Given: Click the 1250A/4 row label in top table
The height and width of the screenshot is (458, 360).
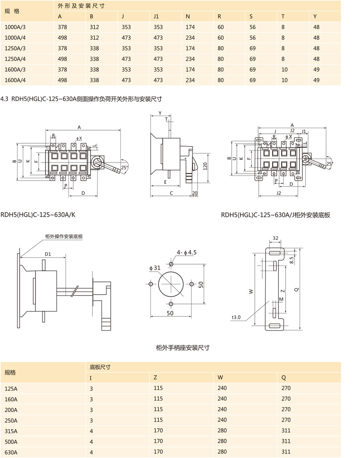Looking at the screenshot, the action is (15, 59).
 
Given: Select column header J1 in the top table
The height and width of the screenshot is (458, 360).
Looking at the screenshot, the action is (156, 17).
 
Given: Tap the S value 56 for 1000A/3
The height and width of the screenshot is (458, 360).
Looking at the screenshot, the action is (253, 27).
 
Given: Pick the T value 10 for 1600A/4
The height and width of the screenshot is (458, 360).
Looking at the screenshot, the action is (284, 80).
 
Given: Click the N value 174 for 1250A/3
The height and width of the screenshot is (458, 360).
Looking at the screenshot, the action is (190, 48).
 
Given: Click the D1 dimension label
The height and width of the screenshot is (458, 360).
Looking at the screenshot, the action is (48, 254).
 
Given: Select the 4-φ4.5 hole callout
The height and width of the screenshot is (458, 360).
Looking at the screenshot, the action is (187, 252).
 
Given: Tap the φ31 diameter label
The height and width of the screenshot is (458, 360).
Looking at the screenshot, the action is (155, 268).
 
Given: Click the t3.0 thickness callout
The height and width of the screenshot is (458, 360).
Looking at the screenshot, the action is (236, 317).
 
